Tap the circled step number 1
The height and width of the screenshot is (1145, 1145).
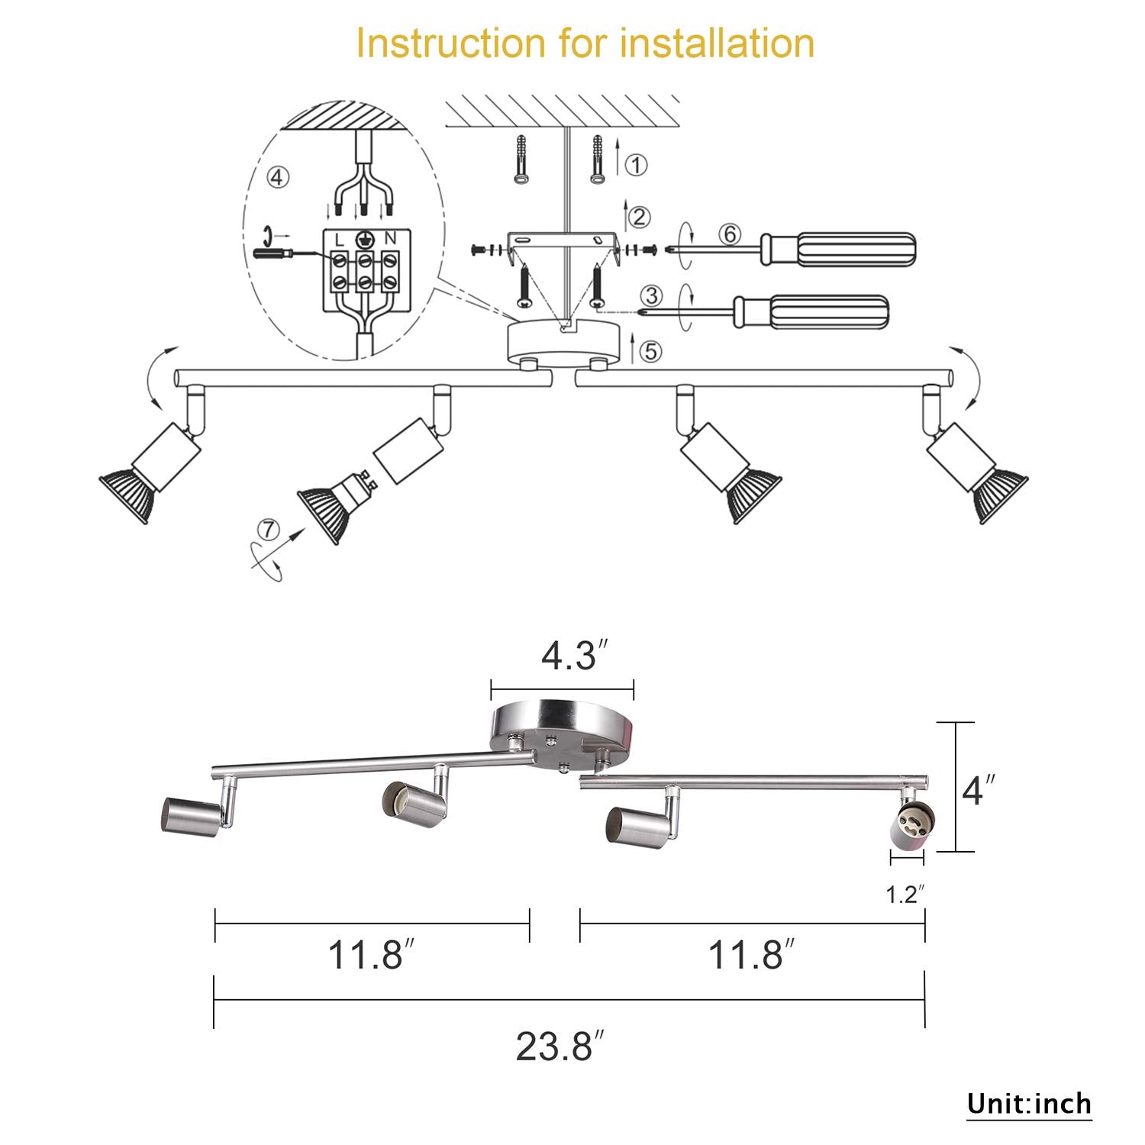[x=636, y=165]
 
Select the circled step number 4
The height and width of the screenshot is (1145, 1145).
[x=278, y=177]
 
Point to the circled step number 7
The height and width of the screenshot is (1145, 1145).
[x=268, y=529]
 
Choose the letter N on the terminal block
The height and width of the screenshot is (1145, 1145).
[x=390, y=240]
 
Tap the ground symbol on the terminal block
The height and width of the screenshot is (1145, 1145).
[x=366, y=239]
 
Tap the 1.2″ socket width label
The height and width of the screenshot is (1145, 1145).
[x=905, y=894]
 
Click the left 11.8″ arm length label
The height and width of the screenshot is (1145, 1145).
[x=371, y=955]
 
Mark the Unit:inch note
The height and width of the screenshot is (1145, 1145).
[x=1029, y=1104]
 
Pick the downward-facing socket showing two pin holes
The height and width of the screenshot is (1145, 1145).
[x=909, y=827]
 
